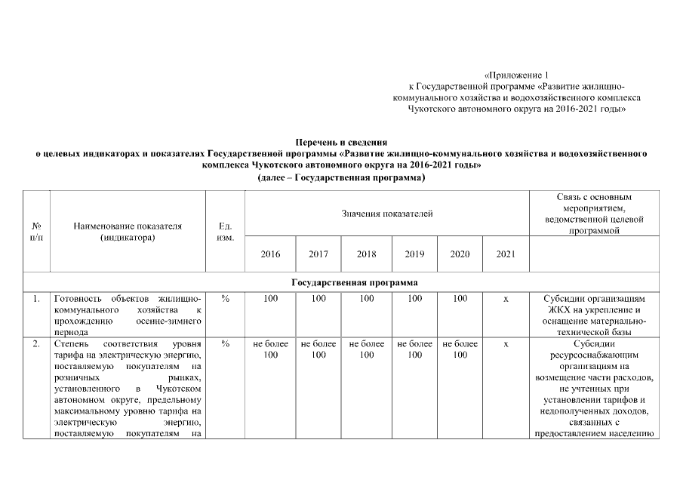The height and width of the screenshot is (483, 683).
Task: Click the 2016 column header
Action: coord(270,254)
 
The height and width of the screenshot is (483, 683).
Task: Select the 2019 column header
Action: coord(414,254)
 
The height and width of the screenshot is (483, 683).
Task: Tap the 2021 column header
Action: coord(506,254)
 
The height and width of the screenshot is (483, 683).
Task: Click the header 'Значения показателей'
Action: coord(387,214)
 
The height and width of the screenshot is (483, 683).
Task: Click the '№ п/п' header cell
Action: coord(37,232)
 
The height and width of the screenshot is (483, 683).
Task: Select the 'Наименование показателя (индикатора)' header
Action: coord(128,232)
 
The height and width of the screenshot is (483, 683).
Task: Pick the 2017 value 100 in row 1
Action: coord(318,299)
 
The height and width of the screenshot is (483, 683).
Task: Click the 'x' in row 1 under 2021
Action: coord(506,299)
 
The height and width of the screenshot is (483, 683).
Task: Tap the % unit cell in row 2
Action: coord(225,344)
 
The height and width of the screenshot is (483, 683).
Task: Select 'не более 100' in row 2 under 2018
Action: coord(366,349)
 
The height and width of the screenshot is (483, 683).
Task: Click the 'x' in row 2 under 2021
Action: coord(506,344)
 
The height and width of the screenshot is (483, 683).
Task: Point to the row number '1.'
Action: coord(36,299)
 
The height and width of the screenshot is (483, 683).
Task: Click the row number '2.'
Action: coord(36,344)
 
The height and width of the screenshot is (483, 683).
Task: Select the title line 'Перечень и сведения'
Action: coord(341,141)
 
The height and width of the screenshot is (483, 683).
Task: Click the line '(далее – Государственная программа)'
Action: coord(341,177)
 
